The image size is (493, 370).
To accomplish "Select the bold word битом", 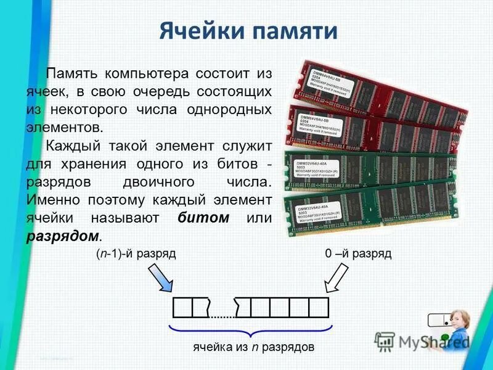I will coord(203,218).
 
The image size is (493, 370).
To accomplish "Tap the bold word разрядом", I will coord(62,236).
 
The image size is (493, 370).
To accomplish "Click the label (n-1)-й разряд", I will coord(136,254).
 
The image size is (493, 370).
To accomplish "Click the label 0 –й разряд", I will coord(358,254).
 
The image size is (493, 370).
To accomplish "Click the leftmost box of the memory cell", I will coord(182,306).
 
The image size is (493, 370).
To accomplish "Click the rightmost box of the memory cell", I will coord(319,306).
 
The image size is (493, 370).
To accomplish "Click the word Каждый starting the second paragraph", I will coord(71,146).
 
